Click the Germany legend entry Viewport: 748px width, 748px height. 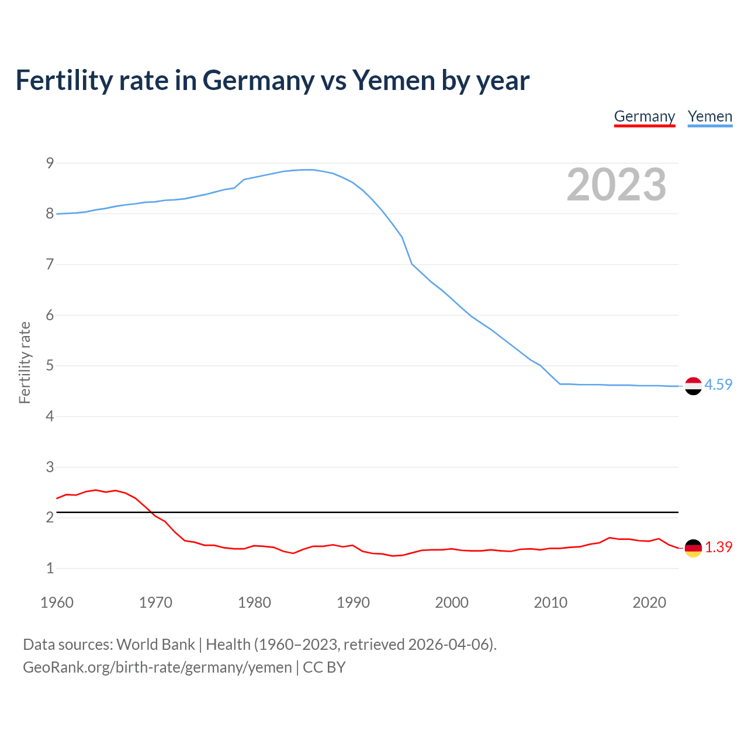pyautogui.click(x=644, y=116)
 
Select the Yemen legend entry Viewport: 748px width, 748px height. pyautogui.click(x=709, y=116)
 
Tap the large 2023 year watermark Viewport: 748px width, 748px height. pyautogui.click(x=616, y=185)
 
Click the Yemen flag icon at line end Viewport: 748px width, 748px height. pyautogui.click(x=692, y=386)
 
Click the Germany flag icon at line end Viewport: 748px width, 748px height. pyautogui.click(x=692, y=548)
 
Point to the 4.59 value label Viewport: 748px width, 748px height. pyautogui.click(x=718, y=385)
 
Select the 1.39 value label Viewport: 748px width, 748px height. pyautogui.click(x=718, y=547)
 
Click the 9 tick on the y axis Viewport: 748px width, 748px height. pyautogui.click(x=50, y=163)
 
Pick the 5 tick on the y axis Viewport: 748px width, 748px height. pyautogui.click(x=50, y=366)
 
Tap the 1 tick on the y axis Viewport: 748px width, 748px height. pyautogui.click(x=50, y=568)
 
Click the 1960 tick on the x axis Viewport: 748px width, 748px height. pyautogui.click(x=57, y=602)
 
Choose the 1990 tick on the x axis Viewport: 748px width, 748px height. pyautogui.click(x=353, y=602)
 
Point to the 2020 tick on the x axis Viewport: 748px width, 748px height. pyautogui.click(x=649, y=602)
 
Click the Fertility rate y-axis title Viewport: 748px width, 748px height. pyautogui.click(x=25, y=362)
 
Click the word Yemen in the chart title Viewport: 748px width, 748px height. pyautogui.click(x=394, y=80)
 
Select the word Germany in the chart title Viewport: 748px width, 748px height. pyautogui.click(x=258, y=81)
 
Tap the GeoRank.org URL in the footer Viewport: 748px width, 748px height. pyautogui.click(x=157, y=667)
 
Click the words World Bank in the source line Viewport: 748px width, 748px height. pyautogui.click(x=155, y=644)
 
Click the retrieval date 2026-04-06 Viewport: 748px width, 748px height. pyautogui.click(x=448, y=644)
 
